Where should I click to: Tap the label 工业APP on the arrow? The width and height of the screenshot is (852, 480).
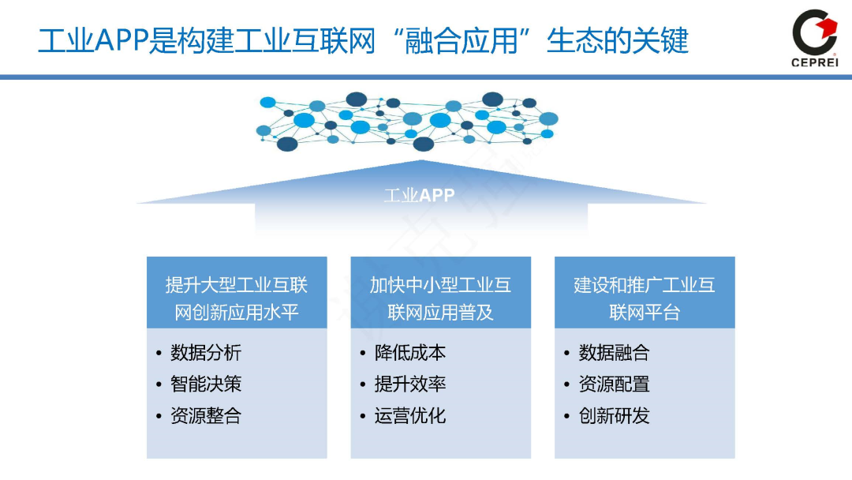point(419,195)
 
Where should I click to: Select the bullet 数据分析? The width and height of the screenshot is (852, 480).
point(206,353)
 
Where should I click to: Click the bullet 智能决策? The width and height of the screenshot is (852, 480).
point(206,384)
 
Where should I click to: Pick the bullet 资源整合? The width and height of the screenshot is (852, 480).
point(206,416)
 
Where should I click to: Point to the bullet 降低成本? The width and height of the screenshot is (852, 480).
point(410,353)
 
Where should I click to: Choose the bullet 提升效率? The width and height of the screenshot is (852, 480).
point(410,384)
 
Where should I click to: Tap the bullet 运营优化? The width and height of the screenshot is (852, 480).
point(410,416)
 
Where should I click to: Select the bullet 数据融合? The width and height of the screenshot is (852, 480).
point(614,353)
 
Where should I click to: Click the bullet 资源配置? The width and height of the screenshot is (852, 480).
point(614,384)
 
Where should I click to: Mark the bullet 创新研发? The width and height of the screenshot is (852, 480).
point(614,416)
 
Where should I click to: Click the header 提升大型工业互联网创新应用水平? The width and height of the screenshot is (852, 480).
point(237,298)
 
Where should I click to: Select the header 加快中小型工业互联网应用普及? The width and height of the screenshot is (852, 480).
point(440,298)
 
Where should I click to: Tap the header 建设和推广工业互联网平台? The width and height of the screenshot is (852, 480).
point(645,298)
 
